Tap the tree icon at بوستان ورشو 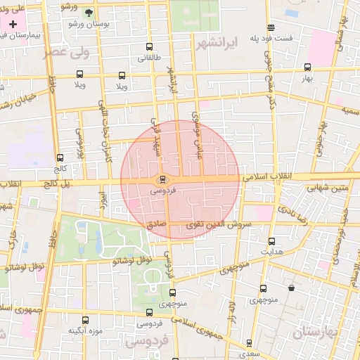(x=88, y=13)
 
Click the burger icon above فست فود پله (x=271, y=27)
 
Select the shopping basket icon (x=292, y=288)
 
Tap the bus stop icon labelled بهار (x=307, y=67)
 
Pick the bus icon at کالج (x=60, y=158)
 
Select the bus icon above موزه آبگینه (x=85, y=320)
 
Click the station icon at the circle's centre (x=162, y=179)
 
